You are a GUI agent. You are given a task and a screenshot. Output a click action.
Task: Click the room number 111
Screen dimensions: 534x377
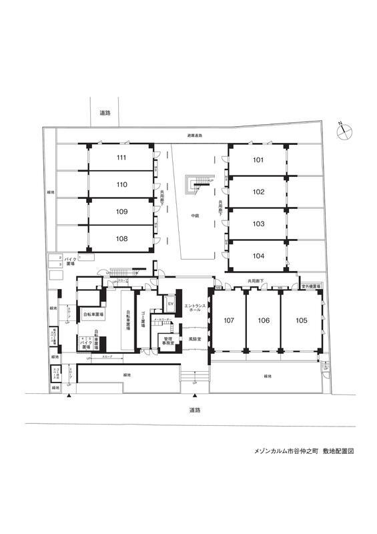click(x=121, y=158)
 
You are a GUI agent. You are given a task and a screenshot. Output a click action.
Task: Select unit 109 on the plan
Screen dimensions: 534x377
click(x=121, y=212)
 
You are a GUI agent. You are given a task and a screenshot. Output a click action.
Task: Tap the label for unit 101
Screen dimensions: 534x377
click(x=258, y=160)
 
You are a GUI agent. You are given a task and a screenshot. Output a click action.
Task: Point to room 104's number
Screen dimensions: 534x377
click(x=258, y=256)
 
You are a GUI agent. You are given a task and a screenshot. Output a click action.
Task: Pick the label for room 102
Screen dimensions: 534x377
click(x=258, y=192)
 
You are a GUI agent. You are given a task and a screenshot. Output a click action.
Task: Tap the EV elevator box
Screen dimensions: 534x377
click(x=170, y=305)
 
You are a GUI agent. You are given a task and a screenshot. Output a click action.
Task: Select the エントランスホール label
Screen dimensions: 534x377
click(x=196, y=308)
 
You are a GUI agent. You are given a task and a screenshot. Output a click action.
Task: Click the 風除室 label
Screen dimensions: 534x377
click(x=196, y=339)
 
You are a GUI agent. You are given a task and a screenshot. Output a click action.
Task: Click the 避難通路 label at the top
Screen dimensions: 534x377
click(x=195, y=136)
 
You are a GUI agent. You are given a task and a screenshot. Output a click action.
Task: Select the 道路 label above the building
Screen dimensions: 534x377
click(x=104, y=112)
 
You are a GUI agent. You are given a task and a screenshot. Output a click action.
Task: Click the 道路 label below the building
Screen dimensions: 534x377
click(x=195, y=410)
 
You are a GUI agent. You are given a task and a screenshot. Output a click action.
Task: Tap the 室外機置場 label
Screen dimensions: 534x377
click(x=311, y=286)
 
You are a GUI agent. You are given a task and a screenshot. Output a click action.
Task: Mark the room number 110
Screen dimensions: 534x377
click(x=121, y=185)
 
